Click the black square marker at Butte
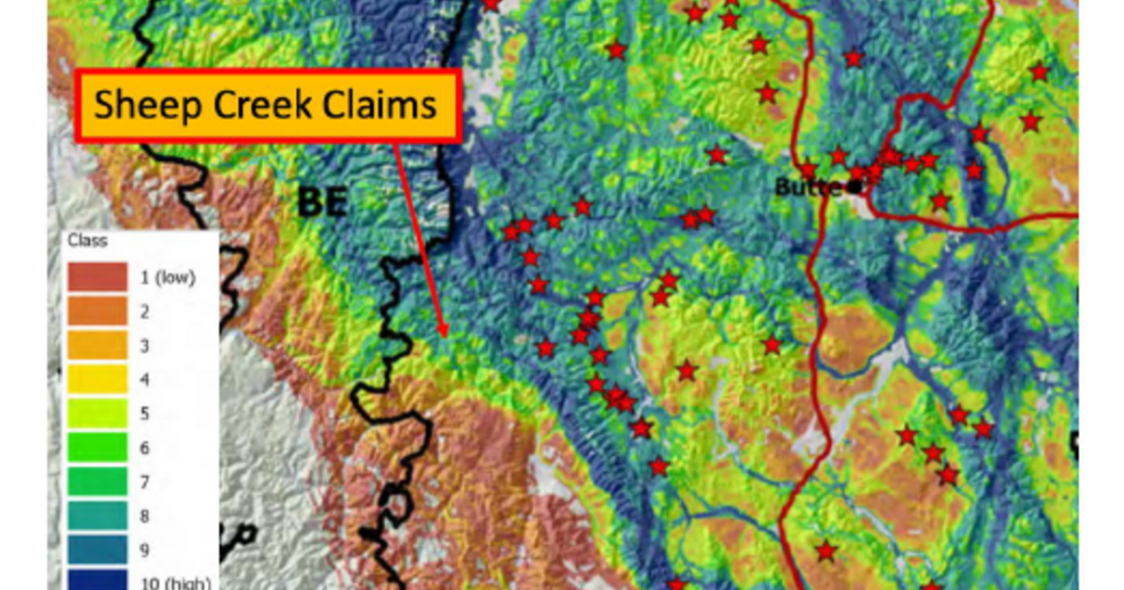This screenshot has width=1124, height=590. click(853, 186)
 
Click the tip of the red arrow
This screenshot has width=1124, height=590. click(443, 334)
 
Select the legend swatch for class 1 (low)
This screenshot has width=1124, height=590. click(97, 277)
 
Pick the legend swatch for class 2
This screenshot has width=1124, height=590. click(97, 311)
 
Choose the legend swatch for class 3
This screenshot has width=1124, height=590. click(97, 346)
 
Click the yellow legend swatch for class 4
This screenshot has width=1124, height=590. click(97, 379)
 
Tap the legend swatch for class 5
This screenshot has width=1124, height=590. click(97, 413)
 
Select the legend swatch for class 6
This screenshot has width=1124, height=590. click(97, 448)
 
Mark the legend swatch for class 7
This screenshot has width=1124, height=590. click(97, 481)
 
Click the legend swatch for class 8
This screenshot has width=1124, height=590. click(97, 515)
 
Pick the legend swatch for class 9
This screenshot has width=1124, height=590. click(97, 550)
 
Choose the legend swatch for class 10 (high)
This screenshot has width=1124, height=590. click(97, 580)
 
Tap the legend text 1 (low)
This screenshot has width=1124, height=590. click(168, 277)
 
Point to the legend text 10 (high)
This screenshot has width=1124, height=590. click(175, 583)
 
